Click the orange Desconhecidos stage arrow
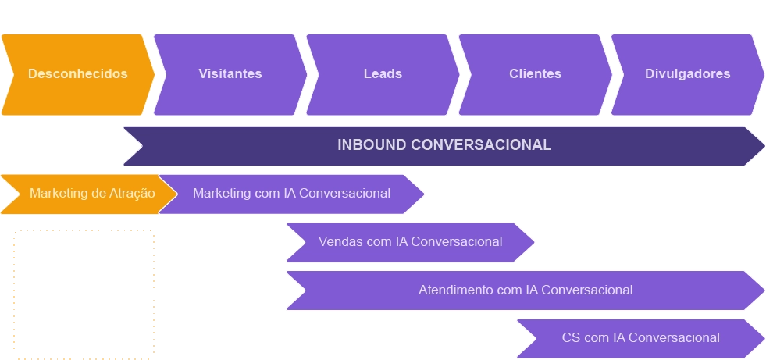pyautogui.click(x=77, y=74)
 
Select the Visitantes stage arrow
pyautogui.click(x=230, y=74)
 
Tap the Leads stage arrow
pyautogui.click(x=382, y=74)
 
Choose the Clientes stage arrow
pyautogui.click(x=535, y=74)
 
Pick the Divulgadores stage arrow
pyautogui.click(x=687, y=74)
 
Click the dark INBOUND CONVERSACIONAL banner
pyautogui.click(x=444, y=145)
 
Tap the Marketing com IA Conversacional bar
pyautogui.click(x=291, y=194)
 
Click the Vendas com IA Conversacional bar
pyautogui.click(x=410, y=242)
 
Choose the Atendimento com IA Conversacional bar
pyautogui.click(x=525, y=290)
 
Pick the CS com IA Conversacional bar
pyautogui.click(x=640, y=338)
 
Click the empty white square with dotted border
pyautogui.click(x=84, y=292)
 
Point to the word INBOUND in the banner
pyautogui.click(x=372, y=145)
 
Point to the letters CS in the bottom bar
pyautogui.click(x=571, y=338)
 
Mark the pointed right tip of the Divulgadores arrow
pyautogui.click(x=762, y=74)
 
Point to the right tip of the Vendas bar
pyautogui.click(x=533, y=242)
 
